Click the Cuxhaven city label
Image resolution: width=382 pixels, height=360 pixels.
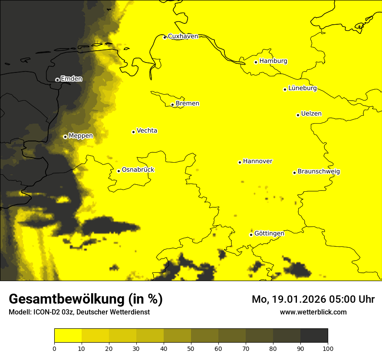pos(183,36)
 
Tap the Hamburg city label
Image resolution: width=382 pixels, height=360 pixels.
pos(273,61)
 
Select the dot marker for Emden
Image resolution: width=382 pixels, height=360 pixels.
pos(57,79)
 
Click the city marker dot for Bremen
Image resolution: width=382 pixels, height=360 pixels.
pos(172,105)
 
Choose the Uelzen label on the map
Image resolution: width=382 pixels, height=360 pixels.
pos(311,114)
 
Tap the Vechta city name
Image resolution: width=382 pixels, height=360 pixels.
pos(147,131)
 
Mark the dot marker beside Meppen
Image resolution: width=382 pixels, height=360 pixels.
pos(65,137)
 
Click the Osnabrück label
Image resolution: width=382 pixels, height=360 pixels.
pos(138,170)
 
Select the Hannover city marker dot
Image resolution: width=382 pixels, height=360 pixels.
pos(240,162)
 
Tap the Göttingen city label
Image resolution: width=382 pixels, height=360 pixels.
pos(269,234)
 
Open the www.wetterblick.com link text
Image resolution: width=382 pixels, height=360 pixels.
pos(313,312)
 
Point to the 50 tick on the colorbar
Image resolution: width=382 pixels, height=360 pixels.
pos(191,348)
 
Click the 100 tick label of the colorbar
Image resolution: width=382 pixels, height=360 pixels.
pos(328,348)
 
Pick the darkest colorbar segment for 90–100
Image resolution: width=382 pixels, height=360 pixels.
pos(314,336)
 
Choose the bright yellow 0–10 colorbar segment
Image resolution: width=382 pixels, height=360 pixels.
pos(68,336)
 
